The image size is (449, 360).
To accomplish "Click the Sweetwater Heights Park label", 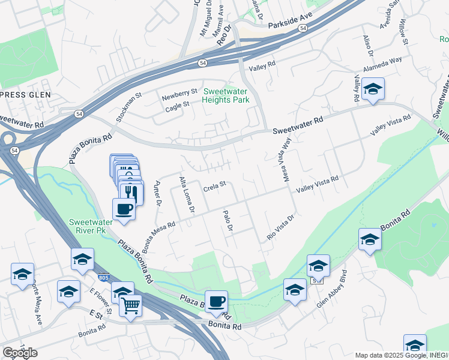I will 226,95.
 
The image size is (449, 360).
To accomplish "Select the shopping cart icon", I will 130,305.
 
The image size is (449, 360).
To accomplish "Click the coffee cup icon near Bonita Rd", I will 216,301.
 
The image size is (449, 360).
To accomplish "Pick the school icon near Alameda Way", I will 373,90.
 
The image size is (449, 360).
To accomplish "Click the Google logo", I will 20,352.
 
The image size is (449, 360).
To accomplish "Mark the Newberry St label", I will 180,93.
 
